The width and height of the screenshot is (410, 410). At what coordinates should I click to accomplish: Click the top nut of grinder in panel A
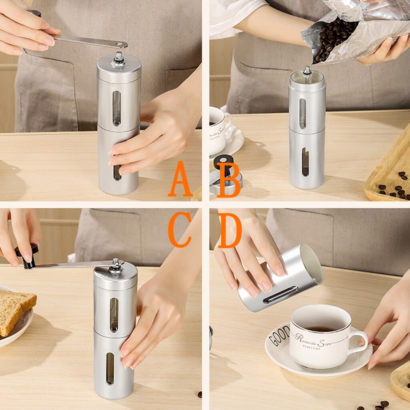click(x=119, y=58)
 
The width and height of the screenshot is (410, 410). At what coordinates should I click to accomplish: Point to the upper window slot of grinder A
click(x=117, y=108)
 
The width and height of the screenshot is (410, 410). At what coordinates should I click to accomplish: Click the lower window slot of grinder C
click(x=110, y=368)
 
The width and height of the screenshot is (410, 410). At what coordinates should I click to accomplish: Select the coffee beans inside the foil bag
click(x=332, y=40)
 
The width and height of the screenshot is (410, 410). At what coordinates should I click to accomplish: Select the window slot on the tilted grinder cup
click(x=280, y=294)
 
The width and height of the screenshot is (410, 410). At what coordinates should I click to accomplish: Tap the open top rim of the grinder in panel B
click(x=307, y=76)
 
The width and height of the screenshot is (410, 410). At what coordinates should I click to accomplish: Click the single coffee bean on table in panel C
click(x=199, y=394)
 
